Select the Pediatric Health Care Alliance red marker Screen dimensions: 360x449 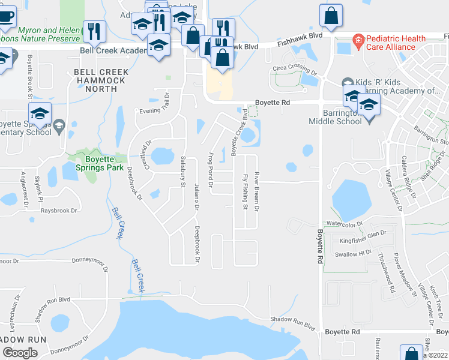[x=358, y=41]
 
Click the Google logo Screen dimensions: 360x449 [x=20, y=353]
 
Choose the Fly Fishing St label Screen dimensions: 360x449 [x=245, y=192]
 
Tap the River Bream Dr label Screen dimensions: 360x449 [x=256, y=191]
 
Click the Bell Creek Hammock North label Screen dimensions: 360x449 [x=101, y=80]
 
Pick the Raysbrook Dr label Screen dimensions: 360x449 [x=59, y=211]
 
